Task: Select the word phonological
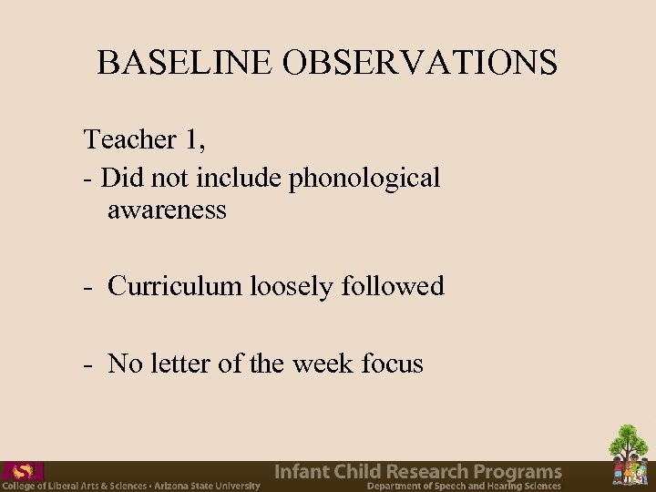[364, 178]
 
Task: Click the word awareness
[167, 210]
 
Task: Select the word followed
[393, 286]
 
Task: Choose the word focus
[393, 364]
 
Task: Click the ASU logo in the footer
[22, 471]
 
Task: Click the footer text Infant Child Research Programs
[418, 471]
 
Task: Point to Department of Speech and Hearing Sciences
[465, 487]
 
